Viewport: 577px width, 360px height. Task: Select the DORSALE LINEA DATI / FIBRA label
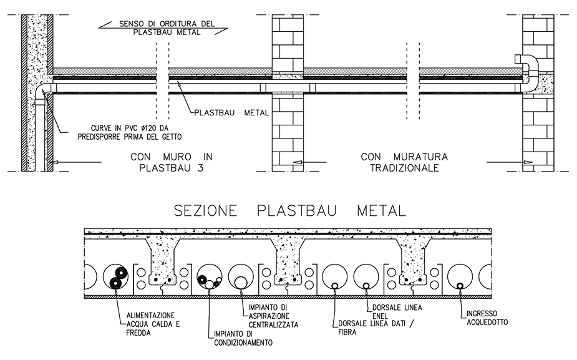tap(365, 328)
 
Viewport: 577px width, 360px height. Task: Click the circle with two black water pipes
tap(117, 276)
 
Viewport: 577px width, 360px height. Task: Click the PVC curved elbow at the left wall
tap(42, 94)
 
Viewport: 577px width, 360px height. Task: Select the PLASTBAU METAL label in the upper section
tap(231, 113)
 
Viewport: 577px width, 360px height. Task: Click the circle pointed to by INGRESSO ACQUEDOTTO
tap(460, 276)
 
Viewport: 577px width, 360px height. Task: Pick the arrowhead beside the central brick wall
tap(298, 162)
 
